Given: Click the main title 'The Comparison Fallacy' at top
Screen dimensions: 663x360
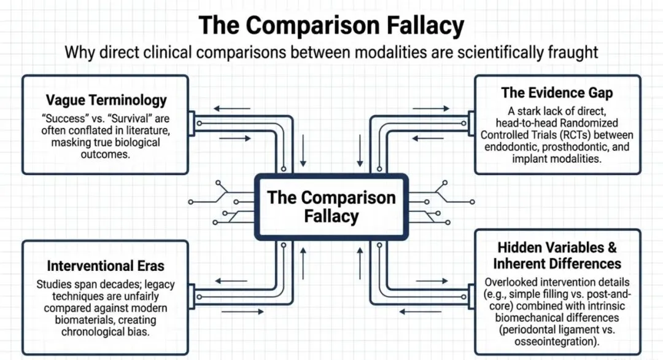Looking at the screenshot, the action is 331,26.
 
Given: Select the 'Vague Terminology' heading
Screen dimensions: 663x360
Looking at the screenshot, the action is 106,100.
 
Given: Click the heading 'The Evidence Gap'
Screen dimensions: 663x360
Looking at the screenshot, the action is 557,93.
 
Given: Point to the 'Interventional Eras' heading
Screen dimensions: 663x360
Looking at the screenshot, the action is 106,267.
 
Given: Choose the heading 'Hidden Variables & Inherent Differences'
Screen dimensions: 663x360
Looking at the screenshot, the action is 557,256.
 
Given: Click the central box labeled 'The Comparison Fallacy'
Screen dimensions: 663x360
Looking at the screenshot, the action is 331,206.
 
